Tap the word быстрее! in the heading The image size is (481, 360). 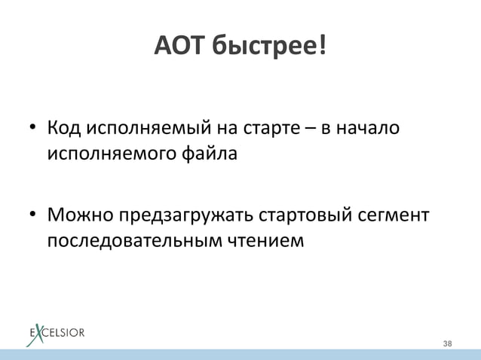point(269,48)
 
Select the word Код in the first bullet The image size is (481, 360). point(63,132)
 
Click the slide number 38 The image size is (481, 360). point(448,343)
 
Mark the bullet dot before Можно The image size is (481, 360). point(33,217)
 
